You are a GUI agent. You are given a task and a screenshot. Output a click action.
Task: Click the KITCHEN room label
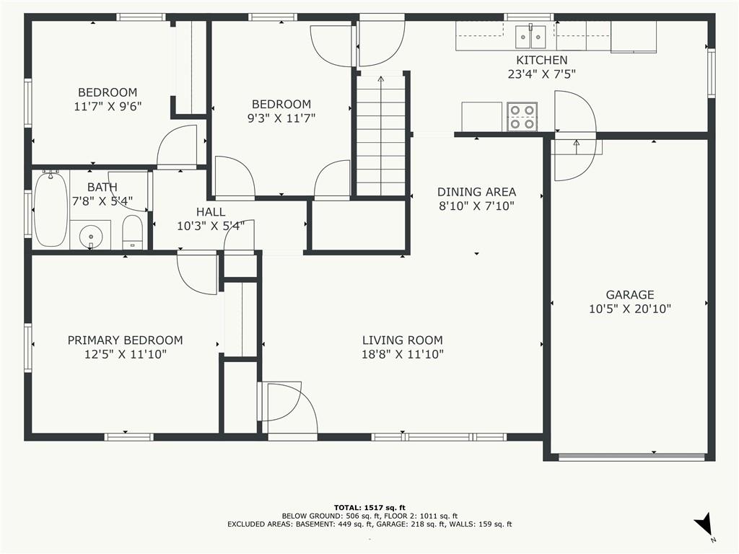click(x=541, y=61)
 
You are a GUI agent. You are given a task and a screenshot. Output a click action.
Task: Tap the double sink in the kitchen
click(x=530, y=37)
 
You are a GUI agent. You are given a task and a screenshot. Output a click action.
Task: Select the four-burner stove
click(x=522, y=117)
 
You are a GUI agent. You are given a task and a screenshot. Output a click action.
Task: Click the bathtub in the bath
click(x=51, y=210)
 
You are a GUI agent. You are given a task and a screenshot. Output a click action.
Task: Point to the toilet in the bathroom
click(x=133, y=232)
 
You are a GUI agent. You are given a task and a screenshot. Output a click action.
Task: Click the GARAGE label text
click(x=629, y=295)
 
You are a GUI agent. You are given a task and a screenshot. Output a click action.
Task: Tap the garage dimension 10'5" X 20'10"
click(x=629, y=309)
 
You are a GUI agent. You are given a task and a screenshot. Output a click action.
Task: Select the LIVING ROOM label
click(x=402, y=340)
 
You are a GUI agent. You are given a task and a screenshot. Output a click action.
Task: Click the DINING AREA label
click(x=476, y=192)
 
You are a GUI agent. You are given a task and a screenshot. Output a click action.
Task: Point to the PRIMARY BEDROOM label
click(x=125, y=340)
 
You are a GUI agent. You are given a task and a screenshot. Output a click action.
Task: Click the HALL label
click(x=211, y=212)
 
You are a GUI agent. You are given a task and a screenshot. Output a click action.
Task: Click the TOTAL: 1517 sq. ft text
click(x=369, y=507)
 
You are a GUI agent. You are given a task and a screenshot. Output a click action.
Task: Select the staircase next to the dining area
click(x=381, y=135)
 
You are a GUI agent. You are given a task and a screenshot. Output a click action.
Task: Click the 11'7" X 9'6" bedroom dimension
click(x=108, y=107)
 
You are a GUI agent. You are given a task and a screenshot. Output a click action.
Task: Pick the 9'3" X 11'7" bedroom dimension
click(x=281, y=118)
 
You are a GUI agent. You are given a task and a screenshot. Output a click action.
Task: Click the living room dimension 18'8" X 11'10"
click(x=402, y=354)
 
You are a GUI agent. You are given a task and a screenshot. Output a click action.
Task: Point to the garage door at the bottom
click(x=631, y=457)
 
